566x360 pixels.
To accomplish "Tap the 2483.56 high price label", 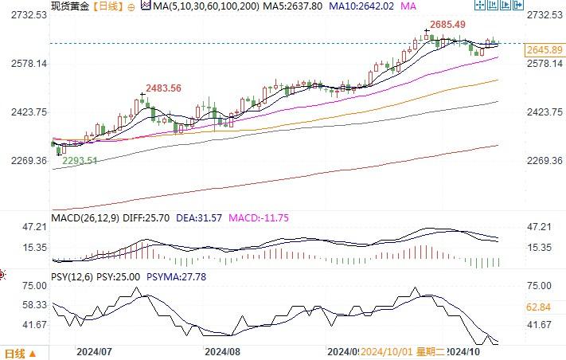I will coord(163,88).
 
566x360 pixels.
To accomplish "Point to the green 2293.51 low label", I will coord(80,160).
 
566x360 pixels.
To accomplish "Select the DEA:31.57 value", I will coord(199,217).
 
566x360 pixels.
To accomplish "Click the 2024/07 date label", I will coord(93,350).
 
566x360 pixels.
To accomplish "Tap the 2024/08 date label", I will coord(222,350).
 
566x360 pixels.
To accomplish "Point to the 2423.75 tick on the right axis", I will coord(545,112).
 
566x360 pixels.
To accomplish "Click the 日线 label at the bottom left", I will coord(14,353).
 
